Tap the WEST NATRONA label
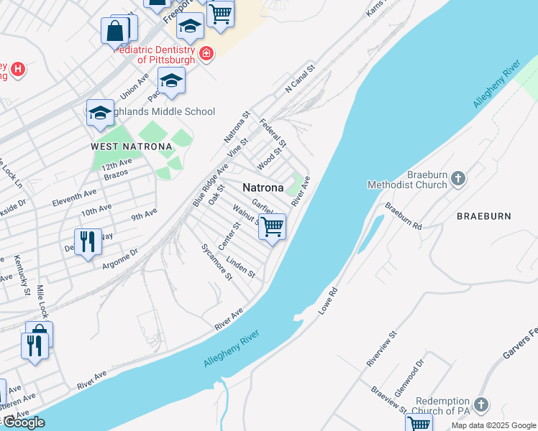pyautogui.click(x=132, y=147)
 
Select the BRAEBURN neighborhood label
pyautogui.click(x=483, y=215)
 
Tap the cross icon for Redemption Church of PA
pyautogui.click(x=481, y=404)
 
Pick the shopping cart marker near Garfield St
pyautogui.click(x=272, y=227)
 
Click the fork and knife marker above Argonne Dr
pyautogui.click(x=87, y=241)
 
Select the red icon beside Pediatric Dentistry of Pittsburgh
pyautogui.click(x=206, y=54)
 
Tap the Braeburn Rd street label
pyautogui.click(x=403, y=215)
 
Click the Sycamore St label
pyautogui.click(x=216, y=262)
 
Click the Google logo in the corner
pyautogui.click(x=23, y=422)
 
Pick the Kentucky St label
pyautogui.click(x=20, y=274)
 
